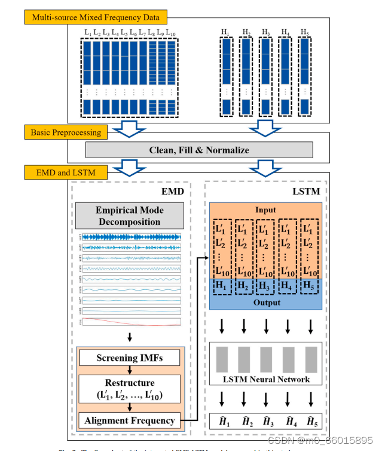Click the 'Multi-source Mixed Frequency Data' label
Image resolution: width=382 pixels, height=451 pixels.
click(95, 17)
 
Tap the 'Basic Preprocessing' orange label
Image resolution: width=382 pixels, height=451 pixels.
click(66, 132)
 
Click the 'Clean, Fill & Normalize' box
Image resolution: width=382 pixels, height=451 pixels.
click(199, 150)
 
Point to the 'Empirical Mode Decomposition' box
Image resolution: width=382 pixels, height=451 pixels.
click(129, 216)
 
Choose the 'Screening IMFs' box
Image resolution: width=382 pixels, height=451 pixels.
click(129, 358)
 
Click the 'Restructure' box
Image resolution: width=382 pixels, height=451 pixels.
click(129, 388)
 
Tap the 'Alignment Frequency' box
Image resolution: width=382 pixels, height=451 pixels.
click(129, 421)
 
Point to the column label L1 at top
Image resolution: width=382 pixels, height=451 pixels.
click(88, 32)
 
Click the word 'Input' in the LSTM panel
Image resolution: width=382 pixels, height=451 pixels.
click(266, 210)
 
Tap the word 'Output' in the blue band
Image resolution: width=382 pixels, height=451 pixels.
click(266, 302)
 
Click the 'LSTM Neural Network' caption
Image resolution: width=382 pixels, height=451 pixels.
click(266, 379)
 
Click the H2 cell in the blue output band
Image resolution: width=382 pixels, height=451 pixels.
click(243, 286)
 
